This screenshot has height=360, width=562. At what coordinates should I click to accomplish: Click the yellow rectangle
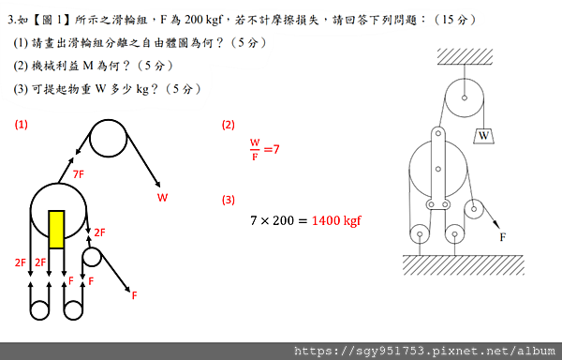click(56, 229)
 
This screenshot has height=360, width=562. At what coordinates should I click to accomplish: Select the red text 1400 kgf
click(336, 221)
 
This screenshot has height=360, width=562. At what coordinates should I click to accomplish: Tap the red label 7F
click(79, 173)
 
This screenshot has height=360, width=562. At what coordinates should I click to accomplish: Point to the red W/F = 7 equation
click(264, 149)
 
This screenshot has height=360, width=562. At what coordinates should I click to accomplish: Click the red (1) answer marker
click(21, 125)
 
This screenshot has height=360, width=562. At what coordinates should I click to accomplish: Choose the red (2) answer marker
click(229, 125)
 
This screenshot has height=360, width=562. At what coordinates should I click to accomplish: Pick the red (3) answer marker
click(229, 200)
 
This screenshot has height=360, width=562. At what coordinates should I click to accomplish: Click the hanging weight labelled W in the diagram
click(483, 137)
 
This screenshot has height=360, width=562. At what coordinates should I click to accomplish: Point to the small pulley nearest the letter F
click(476, 209)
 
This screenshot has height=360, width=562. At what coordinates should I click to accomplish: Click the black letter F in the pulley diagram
click(503, 237)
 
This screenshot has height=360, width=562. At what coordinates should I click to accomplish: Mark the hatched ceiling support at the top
click(464, 56)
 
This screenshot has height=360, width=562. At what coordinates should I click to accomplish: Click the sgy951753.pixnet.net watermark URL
click(425, 351)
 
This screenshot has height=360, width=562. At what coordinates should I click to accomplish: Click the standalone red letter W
click(162, 198)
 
